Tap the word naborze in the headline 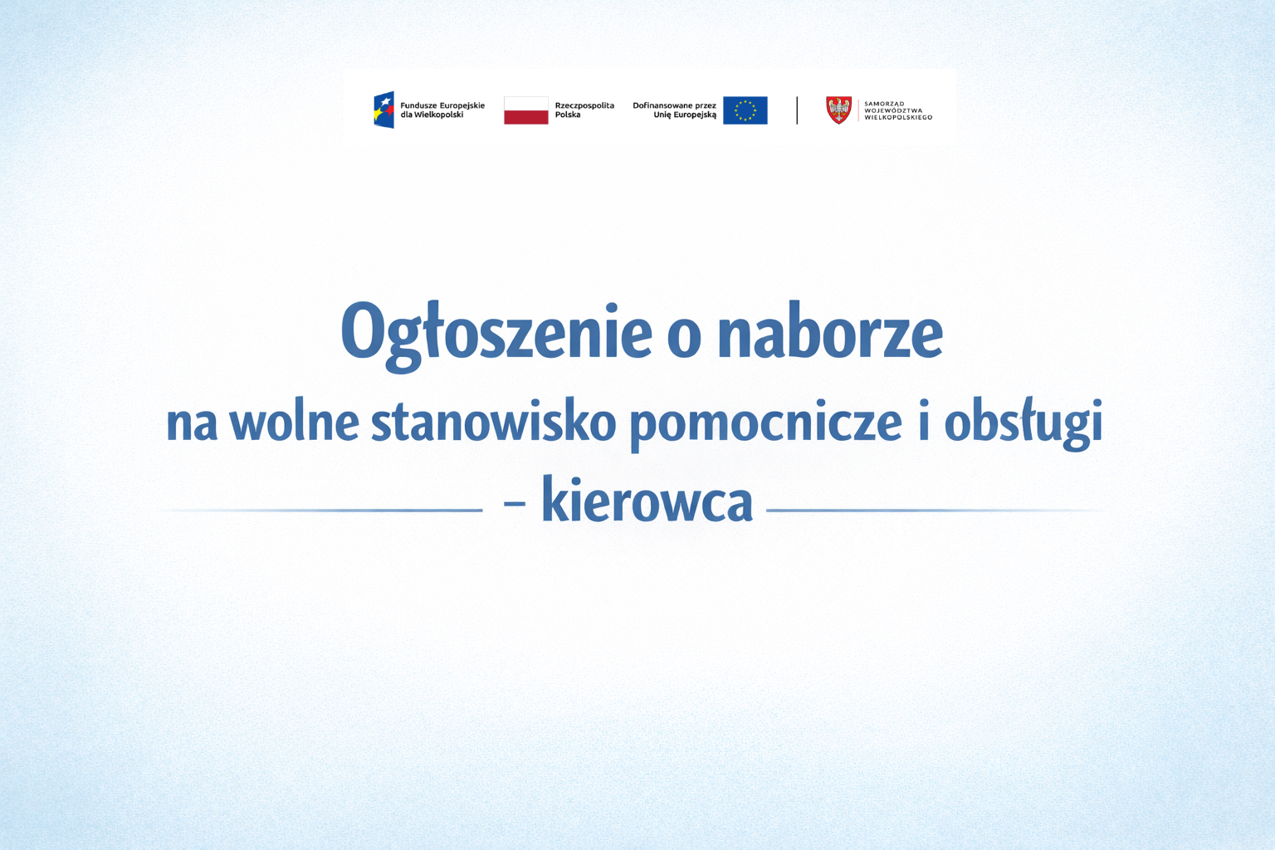tap(829, 332)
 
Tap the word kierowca tap(647, 501)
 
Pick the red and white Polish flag tap(525, 110)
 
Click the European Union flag tap(745, 110)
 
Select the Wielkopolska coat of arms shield tap(838, 110)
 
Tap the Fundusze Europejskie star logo tap(383, 110)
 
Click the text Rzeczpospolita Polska tap(584, 110)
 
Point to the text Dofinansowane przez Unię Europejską tap(674, 110)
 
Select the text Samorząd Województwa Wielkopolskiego tap(897, 110)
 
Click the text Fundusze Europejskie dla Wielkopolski tap(442, 110)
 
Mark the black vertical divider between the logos tap(797, 110)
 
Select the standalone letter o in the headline tap(684, 336)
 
